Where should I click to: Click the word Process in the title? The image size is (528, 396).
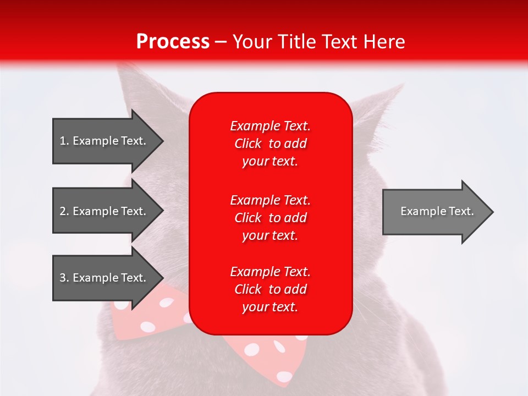[173, 42]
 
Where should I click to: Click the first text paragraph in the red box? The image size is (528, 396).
[270, 144]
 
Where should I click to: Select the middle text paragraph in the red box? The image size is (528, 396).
[270, 218]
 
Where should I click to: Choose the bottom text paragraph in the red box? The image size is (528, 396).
[270, 289]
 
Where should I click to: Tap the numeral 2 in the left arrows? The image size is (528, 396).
[63, 211]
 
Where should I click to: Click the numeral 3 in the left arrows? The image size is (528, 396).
[63, 278]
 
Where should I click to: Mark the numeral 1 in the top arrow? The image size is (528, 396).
[62, 141]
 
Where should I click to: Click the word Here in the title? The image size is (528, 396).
[385, 42]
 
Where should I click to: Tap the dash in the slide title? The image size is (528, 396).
[221, 42]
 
